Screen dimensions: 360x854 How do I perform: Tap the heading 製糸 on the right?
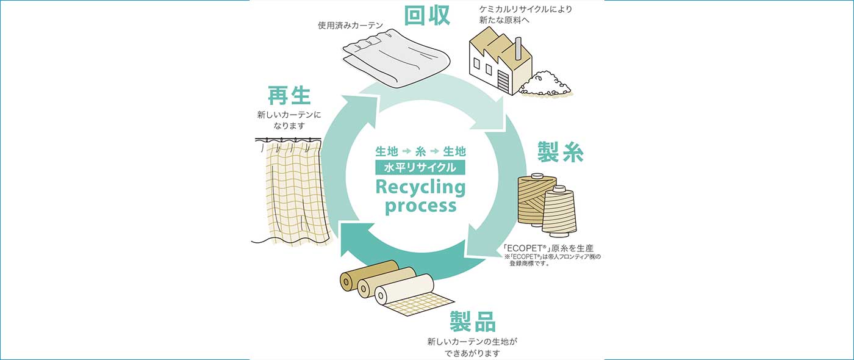(x=560, y=151)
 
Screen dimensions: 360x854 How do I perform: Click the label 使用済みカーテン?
(x=350, y=26)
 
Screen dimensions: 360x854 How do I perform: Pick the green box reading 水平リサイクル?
(x=420, y=167)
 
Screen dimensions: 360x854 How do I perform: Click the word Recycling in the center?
(x=420, y=186)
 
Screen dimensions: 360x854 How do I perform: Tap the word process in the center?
(x=420, y=206)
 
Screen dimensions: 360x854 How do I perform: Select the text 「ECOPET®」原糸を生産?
(x=548, y=248)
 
